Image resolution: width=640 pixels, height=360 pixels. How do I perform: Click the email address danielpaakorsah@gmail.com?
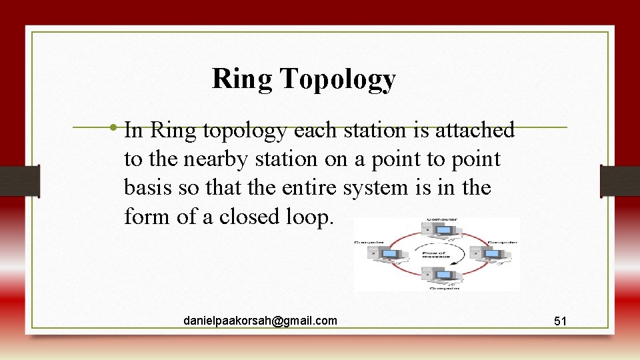click(x=260, y=321)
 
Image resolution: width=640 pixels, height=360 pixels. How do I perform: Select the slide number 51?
click(x=560, y=321)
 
